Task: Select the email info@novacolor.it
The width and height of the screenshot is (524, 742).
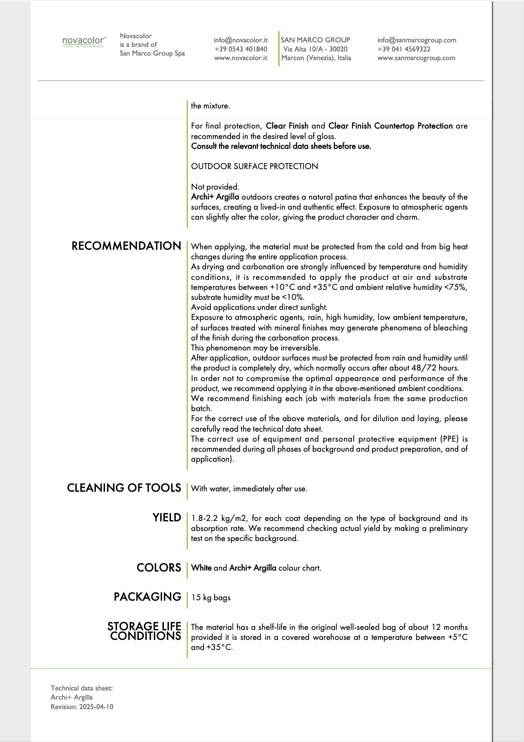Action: tap(241, 40)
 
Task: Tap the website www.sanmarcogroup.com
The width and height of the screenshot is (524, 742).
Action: tap(416, 58)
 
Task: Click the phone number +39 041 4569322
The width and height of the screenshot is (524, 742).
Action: tap(403, 49)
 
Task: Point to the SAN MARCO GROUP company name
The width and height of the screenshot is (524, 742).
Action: tap(315, 40)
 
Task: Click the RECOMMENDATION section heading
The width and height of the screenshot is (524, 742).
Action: tap(126, 246)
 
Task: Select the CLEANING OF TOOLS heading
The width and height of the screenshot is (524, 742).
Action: tap(124, 488)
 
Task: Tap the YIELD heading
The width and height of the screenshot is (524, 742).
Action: tap(167, 518)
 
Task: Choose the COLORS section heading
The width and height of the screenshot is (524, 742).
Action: tap(159, 568)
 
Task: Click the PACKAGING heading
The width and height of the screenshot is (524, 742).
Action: tap(147, 597)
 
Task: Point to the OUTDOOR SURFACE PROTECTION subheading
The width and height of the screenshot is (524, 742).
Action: tap(254, 166)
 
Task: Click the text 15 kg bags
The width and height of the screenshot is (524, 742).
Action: tap(211, 598)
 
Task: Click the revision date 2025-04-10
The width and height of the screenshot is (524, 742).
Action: tap(96, 707)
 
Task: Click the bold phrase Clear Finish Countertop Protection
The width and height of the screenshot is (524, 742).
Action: tap(390, 126)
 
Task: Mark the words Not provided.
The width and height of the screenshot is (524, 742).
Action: tap(215, 187)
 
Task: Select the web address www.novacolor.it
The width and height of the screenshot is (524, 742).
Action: tap(241, 58)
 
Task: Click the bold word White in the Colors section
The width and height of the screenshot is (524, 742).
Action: tap(201, 568)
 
